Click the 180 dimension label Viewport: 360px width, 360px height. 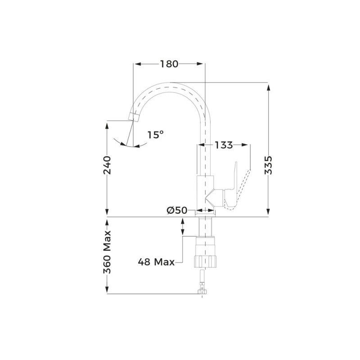[x=169, y=64]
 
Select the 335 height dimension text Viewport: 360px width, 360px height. [x=268, y=166]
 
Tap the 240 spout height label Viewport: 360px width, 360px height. [x=107, y=165]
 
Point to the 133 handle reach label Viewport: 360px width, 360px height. [x=224, y=145]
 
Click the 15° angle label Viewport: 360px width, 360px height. [x=155, y=135]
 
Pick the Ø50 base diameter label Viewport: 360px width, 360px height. [x=177, y=211]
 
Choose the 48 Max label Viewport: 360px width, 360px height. [x=156, y=262]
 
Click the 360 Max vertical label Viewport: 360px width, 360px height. [x=107, y=252]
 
